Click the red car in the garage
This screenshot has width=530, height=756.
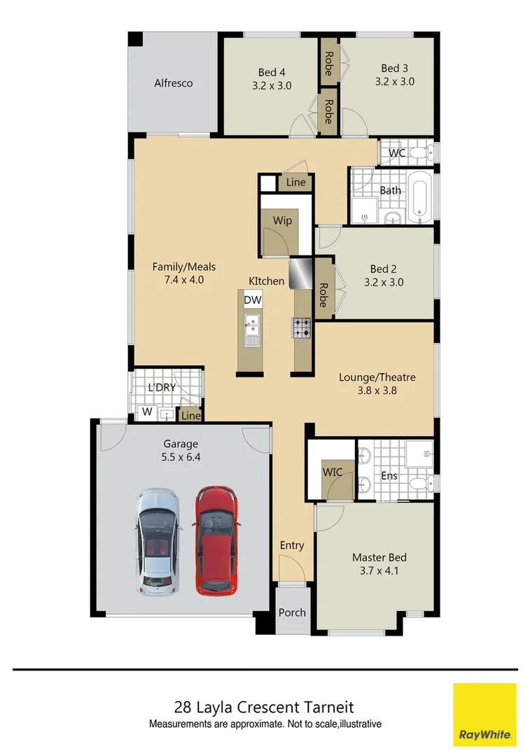coord(216,540)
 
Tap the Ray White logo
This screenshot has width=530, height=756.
coord(484,715)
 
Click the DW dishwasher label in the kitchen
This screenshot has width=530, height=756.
coord(252,300)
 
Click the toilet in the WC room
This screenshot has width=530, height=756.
coord(418,153)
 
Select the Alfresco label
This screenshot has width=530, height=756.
coord(173,83)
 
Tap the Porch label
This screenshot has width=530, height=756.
coord(292,612)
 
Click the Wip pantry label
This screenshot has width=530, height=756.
coord(282,220)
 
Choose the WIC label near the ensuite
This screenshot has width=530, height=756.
coord(333,472)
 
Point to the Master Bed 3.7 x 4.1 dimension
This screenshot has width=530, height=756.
coord(379,570)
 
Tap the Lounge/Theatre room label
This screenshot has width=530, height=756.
coord(377,377)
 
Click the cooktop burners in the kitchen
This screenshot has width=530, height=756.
coord(302,327)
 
